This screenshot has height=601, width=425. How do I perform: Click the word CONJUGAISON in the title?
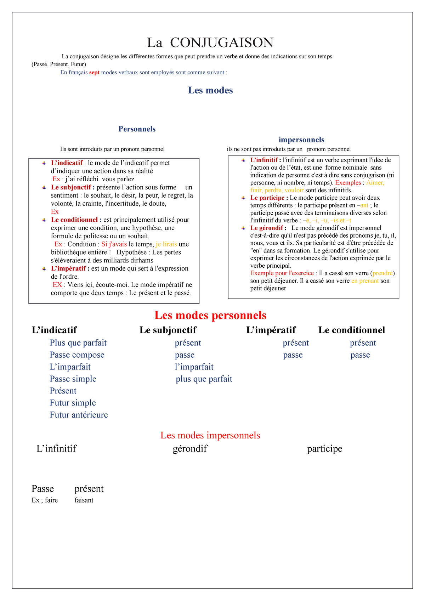click(222, 43)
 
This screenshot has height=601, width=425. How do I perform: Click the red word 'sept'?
click(94, 73)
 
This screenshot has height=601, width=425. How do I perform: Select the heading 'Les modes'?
click(210, 90)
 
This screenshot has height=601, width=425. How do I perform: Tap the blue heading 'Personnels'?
click(137, 129)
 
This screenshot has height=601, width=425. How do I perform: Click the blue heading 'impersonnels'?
click(301, 140)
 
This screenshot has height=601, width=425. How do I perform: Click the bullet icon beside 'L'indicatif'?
click(44, 163)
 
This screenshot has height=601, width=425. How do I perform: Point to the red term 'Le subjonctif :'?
click(73, 187)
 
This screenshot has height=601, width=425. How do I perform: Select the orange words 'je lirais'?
click(166, 244)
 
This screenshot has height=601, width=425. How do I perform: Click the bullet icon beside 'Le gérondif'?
click(244, 228)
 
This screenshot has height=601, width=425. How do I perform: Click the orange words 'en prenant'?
click(365, 281)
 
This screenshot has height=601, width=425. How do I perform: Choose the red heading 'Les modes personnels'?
click(210, 315)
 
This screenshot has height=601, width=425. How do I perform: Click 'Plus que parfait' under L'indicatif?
click(78, 343)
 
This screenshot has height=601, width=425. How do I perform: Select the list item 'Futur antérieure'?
click(79, 415)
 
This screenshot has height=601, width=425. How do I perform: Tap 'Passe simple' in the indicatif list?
click(73, 379)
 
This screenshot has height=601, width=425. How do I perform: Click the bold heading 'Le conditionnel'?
click(351, 330)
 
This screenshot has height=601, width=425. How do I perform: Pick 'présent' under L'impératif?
click(296, 343)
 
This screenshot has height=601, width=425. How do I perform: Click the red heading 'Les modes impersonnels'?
click(210, 435)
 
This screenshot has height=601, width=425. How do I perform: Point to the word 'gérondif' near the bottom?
click(190, 449)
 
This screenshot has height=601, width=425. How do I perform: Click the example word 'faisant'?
click(84, 500)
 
